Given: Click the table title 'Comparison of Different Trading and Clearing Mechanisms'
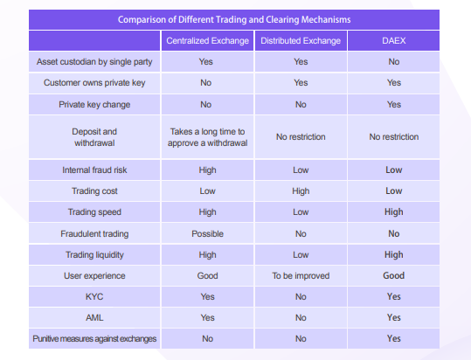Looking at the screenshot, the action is (x=234, y=19).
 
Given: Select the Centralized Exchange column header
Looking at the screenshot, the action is (x=208, y=40).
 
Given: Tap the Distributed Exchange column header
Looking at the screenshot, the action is (x=301, y=40).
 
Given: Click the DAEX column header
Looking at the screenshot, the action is (x=394, y=40).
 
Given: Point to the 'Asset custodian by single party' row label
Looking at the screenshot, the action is (x=94, y=62).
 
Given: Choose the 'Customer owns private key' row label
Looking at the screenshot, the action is (x=94, y=82).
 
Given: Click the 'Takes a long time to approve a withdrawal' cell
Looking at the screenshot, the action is (x=208, y=137).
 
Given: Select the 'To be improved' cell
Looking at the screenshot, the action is (x=301, y=275).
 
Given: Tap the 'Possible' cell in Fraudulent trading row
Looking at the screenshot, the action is (x=208, y=233).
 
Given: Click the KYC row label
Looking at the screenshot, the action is (x=94, y=296).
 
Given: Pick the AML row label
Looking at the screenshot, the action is (x=94, y=318).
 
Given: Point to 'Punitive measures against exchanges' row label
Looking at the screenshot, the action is (x=94, y=339).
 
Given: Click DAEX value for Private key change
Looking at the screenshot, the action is (x=394, y=105).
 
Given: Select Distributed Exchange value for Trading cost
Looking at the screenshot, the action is (x=301, y=191).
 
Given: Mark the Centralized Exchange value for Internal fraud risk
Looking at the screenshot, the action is (x=208, y=170).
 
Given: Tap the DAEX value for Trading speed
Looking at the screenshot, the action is (x=394, y=212).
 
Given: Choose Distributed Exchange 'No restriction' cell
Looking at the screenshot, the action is (x=301, y=137).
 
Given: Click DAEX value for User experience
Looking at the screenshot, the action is (x=394, y=275).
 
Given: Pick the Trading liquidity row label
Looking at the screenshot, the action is (x=94, y=255).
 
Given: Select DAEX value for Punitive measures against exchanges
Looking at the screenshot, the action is (x=394, y=339).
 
